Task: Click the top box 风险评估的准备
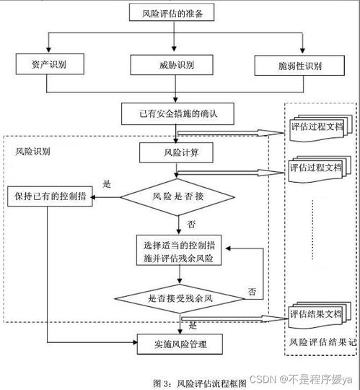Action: [173, 12]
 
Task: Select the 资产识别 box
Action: [47, 65]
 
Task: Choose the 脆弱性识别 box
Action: [299, 65]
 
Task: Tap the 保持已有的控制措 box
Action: [50, 196]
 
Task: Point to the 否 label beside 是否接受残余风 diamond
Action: [252, 292]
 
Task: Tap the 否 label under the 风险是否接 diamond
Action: [190, 224]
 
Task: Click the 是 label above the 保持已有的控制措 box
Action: [107, 184]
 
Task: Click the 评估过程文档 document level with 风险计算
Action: [315, 168]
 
